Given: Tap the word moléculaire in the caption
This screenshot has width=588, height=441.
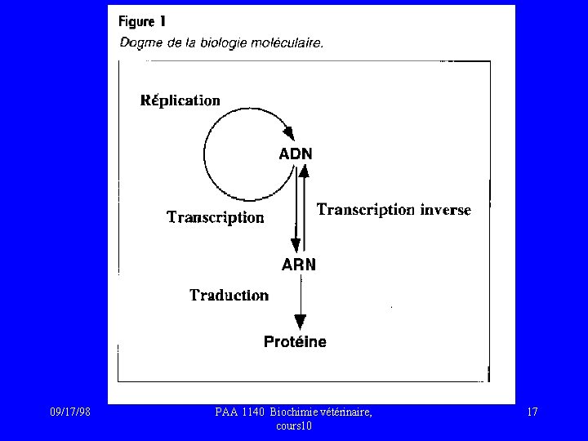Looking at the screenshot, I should point(290,44).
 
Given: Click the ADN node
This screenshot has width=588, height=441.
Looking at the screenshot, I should point(296,153).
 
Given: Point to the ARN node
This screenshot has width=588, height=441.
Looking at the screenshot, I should point(299,265).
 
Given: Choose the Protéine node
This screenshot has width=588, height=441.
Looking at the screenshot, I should point(295,342).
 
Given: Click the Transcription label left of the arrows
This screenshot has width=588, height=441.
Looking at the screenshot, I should point(216,217).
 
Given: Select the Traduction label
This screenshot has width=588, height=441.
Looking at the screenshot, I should point(229,295).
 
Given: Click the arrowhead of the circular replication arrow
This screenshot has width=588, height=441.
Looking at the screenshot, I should point(287,131).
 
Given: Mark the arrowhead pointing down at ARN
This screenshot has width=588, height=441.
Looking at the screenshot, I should point(296,245).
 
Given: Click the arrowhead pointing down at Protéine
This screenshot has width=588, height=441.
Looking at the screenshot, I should point(301,322).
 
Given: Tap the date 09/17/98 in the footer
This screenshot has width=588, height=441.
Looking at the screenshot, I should point(69,412).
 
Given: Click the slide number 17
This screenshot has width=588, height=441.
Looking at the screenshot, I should point(532,412).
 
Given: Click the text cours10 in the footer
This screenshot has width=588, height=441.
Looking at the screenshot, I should point(294,426).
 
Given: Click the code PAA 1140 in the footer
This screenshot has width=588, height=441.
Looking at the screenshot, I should point(242,412).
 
